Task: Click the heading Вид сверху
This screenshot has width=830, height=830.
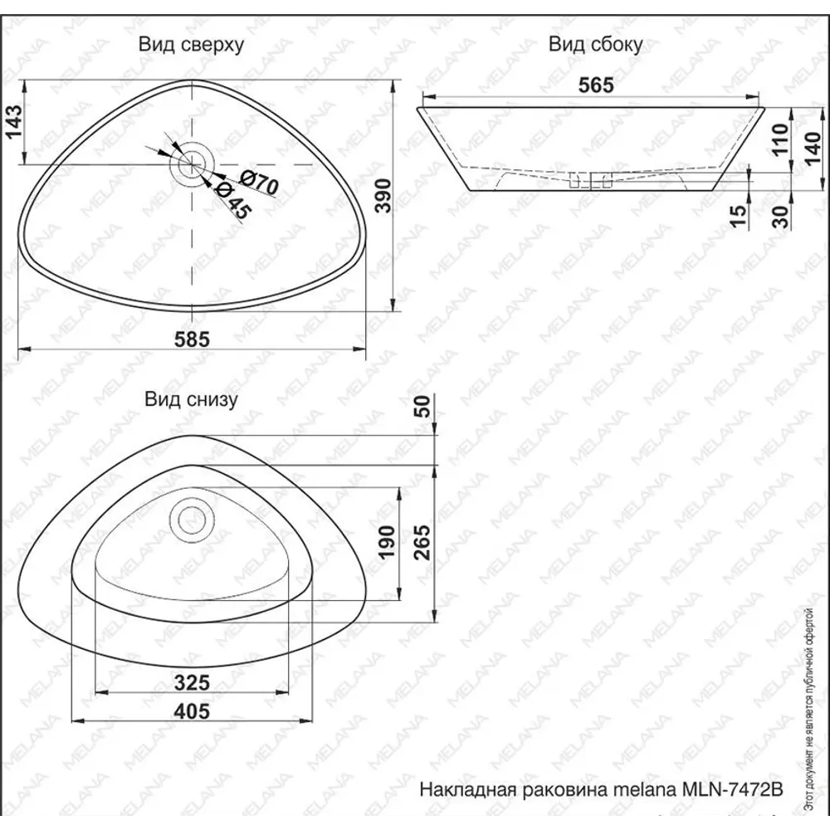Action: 191,45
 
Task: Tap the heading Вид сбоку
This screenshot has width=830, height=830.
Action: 595,45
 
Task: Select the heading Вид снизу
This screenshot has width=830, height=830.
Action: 192,399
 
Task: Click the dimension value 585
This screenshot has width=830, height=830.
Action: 192,338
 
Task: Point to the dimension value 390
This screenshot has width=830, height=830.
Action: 380,197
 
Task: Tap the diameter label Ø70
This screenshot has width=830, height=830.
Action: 259,183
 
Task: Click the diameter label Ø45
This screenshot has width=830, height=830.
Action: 230,201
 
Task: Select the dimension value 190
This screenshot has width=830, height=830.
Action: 385,544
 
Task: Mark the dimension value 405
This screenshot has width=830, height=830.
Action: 192,711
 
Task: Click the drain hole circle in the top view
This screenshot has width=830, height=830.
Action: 192,160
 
